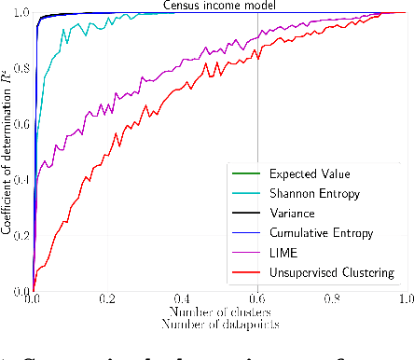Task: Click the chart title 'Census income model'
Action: pyautogui.click(x=219, y=6)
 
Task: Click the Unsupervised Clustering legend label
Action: pyautogui.click(x=328, y=272)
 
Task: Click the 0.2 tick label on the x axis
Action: pyautogui.click(x=108, y=301)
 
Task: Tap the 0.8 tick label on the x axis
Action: pyautogui.click(x=332, y=301)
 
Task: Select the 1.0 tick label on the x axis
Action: pyautogui.click(x=406, y=301)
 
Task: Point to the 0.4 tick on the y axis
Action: pyautogui.click(x=20, y=180)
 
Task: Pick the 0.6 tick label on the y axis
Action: pyautogui.click(x=20, y=124)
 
